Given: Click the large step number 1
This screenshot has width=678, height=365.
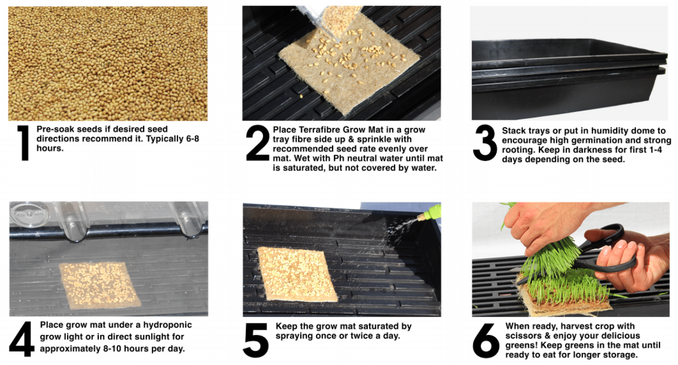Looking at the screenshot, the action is [x=23, y=143].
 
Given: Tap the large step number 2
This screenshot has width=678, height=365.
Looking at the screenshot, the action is [x=257, y=143].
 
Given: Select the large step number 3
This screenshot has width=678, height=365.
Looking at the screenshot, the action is [x=485, y=143].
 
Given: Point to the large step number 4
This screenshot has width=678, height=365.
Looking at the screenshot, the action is [x=22, y=339].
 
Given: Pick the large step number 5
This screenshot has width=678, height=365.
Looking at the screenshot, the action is [x=256, y=341].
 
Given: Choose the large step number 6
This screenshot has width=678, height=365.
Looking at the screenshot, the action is [x=486, y=341].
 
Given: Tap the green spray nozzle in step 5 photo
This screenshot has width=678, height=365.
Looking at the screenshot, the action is [x=431, y=212].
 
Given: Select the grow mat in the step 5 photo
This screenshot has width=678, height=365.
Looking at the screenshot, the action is [x=297, y=274].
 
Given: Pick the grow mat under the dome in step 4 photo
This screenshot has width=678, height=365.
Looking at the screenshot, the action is [x=100, y=285].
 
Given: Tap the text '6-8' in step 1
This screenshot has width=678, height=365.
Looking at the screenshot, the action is [x=192, y=139].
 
